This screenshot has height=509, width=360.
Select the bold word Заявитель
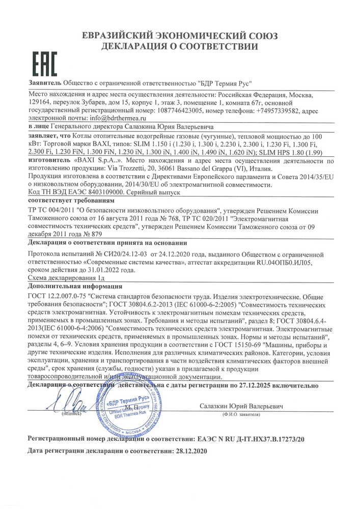44,83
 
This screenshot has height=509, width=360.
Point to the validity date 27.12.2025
263,386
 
